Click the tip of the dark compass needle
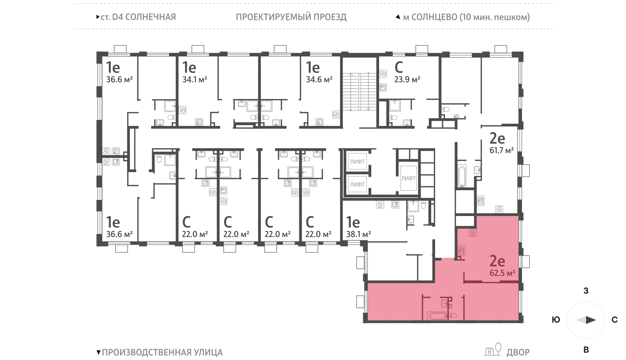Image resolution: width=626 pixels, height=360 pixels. point(596,320)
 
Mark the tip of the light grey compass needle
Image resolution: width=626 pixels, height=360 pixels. point(576,320)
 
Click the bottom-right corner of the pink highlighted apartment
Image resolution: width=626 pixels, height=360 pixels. point(519,320)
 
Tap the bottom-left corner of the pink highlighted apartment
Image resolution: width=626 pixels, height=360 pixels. point(367,320)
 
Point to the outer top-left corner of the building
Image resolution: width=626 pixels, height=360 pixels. point(97,52)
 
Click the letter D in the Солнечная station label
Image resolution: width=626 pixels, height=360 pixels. point(115,17)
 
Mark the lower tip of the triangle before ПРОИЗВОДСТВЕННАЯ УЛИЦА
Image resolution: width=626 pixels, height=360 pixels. point(98,355)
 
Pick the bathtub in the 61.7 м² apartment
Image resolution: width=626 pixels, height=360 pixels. point(461,176)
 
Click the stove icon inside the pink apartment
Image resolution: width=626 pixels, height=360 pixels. point(473,232)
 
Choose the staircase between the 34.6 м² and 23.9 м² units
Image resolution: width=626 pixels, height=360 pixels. point(360,92)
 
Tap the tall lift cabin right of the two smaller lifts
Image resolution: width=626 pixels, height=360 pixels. point(408,178)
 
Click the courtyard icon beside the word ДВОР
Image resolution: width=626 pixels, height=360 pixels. point(493,349)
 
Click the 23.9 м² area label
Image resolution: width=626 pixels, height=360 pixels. point(407,80)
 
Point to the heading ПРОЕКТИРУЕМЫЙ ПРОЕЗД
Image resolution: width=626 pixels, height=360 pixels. point(291,17)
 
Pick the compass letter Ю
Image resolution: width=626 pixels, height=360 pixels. point(556,320)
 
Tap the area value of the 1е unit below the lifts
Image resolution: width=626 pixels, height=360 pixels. point(358,234)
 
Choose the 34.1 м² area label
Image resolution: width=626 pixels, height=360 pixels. point(195,80)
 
